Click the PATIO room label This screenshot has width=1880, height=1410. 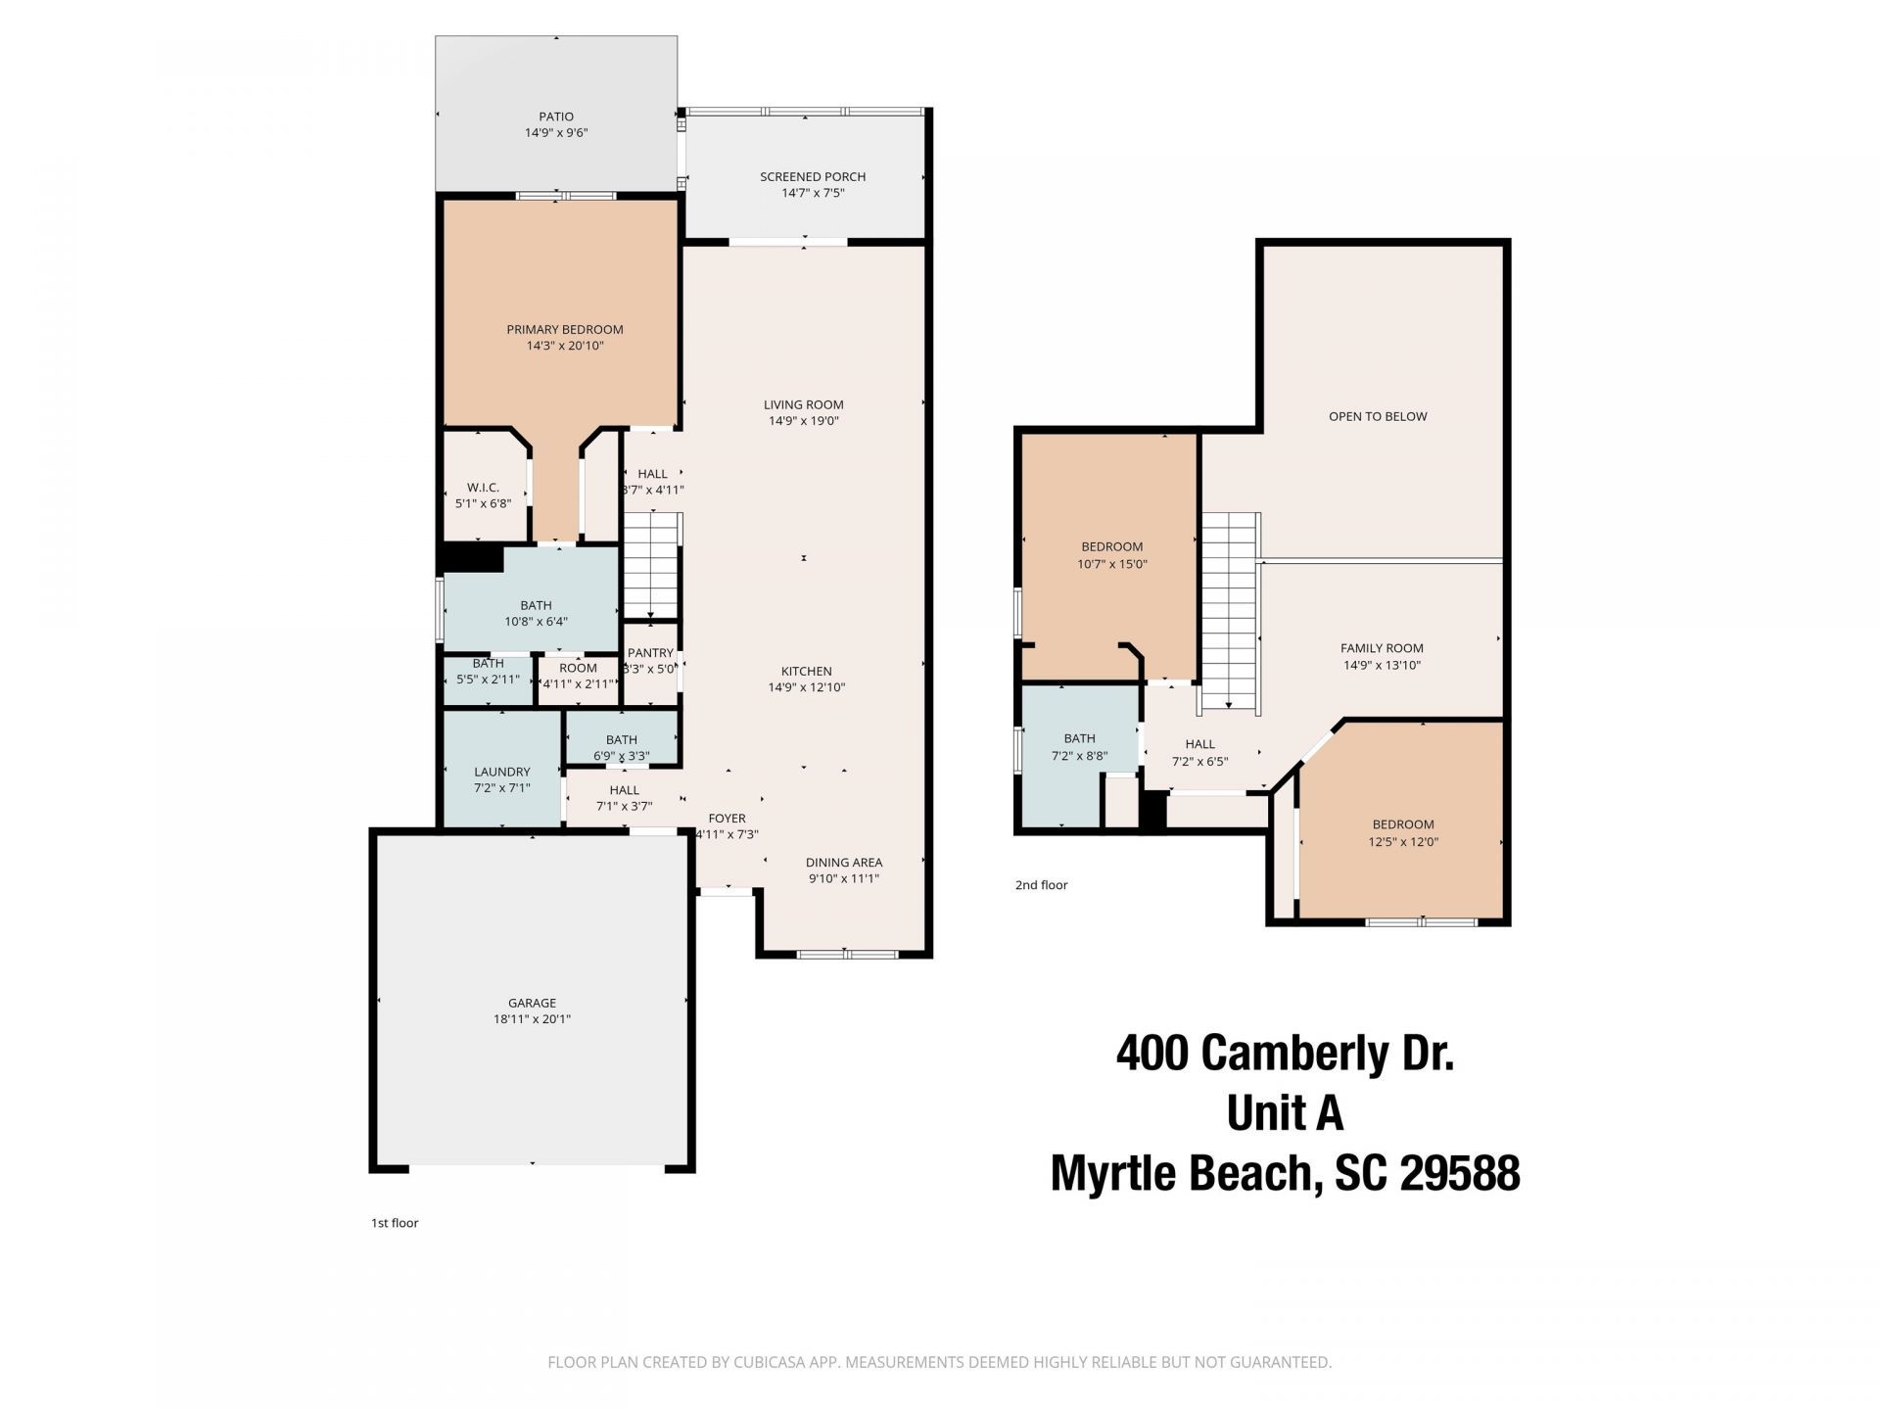coord(555,117)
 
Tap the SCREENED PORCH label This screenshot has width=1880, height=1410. coord(813,177)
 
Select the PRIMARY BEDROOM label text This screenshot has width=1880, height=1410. coord(564,330)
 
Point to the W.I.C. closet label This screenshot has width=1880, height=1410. coord(483,488)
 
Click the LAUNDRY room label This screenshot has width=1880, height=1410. coord(501,772)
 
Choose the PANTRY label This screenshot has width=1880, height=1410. coord(650,653)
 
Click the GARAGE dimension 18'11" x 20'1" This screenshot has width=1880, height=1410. coord(532,1019)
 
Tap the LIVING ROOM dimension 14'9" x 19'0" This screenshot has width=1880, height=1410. coord(803,421)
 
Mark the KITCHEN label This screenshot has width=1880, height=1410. coord(806,671)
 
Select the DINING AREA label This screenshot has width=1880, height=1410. coord(843,863)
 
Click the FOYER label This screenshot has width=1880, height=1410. coord(727,819)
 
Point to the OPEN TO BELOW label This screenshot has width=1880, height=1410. coord(1377,416)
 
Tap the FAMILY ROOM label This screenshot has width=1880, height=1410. coord(1382,648)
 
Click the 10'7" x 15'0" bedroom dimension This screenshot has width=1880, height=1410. coord(1111,564)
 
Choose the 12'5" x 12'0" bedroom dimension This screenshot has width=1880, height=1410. coord(1402,842)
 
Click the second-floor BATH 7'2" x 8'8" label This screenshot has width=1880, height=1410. coord(1079,739)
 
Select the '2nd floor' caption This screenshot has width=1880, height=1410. coord(1041,885)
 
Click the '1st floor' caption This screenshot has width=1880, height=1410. coord(395,1223)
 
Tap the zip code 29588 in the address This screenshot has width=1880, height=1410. coord(1460,1173)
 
